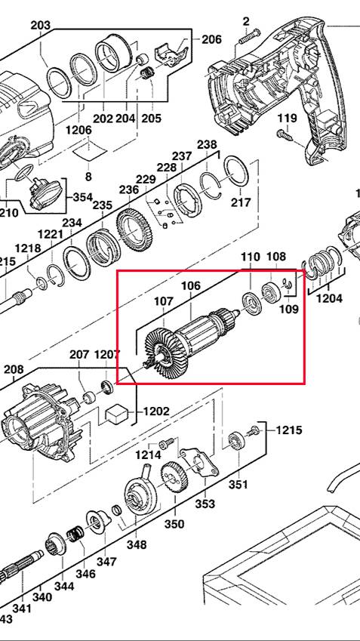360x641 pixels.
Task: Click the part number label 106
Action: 191,286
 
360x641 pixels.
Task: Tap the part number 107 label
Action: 164,303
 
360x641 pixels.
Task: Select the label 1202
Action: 155,411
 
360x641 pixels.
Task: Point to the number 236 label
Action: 129,190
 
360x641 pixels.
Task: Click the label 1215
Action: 289,430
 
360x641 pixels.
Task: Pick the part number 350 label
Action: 174,524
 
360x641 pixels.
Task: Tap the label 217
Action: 240,202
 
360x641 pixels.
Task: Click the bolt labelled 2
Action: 248,36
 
